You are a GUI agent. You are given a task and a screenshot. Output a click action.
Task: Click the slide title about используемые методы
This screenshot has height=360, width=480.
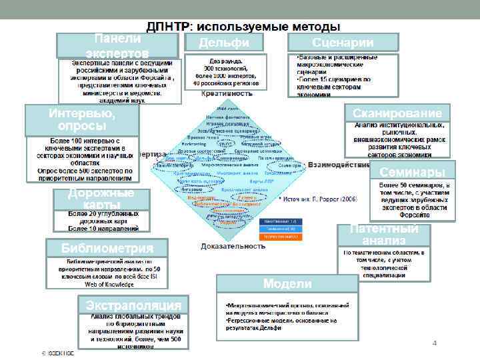pyautogui.click(x=243, y=26)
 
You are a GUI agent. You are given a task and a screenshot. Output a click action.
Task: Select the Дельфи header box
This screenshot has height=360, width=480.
pyautogui.click(x=225, y=43)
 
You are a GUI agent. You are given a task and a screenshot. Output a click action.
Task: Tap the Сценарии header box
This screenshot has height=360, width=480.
pyautogui.click(x=343, y=43)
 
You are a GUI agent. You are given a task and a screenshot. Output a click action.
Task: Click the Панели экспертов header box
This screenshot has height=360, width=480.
pyautogui.click(x=117, y=45)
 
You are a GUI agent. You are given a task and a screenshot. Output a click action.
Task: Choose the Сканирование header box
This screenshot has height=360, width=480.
pyautogui.click(x=397, y=113)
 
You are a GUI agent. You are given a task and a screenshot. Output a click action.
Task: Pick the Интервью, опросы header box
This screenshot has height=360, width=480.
pyautogui.click(x=81, y=120)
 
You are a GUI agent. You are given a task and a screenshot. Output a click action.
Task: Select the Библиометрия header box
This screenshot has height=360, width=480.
pyautogui.click(x=107, y=249)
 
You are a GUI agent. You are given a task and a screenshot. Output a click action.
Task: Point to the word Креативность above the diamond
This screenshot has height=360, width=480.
pyautogui.click(x=227, y=94)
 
